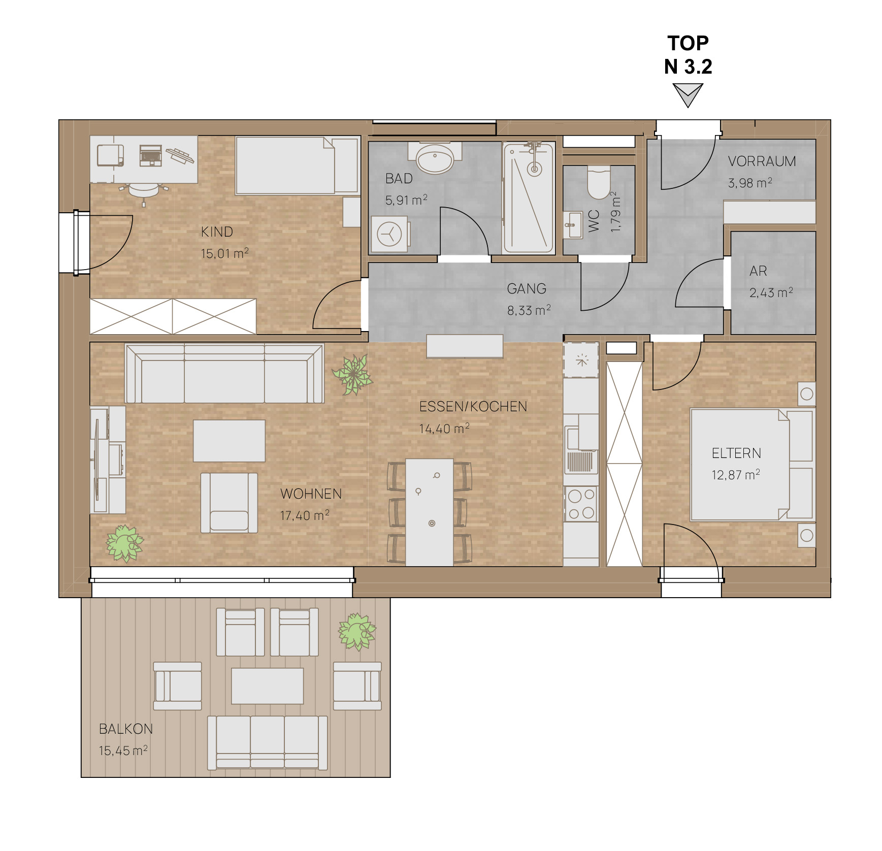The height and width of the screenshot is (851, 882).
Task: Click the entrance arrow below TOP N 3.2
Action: [688, 95]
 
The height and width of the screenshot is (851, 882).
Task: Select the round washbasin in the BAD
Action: [435, 158]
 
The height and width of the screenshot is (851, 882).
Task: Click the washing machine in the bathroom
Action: [389, 234]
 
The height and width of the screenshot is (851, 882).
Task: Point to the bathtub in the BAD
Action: [528, 198]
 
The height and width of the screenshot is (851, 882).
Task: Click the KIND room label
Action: [217, 232]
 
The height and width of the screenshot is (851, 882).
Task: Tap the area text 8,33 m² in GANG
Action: [529, 310]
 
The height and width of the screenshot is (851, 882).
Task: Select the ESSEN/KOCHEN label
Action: [473, 407]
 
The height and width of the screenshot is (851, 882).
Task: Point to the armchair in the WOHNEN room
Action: [229, 503]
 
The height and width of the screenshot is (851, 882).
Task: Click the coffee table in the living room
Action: [229, 441]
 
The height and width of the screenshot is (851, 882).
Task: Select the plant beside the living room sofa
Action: [352, 375]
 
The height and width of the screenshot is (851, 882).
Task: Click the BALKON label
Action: [126, 729]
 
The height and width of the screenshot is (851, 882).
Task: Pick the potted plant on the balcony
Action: [357, 632]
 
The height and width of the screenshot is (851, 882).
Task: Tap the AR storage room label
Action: [758, 271]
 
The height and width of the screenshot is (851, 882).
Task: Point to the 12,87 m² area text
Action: [736, 475]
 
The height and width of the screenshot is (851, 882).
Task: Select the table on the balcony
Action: [268, 685]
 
